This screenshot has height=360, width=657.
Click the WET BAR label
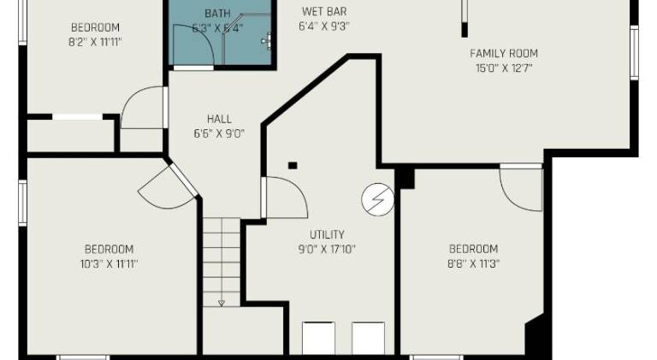(x=324, y=11)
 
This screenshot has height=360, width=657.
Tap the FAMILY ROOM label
(x=504, y=54)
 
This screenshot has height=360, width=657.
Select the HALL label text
(x=219, y=119)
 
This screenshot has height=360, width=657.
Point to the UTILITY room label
(x=328, y=234)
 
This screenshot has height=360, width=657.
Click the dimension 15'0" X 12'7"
(x=504, y=68)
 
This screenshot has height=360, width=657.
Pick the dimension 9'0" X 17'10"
(x=327, y=250)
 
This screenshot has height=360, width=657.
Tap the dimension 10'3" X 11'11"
(x=109, y=264)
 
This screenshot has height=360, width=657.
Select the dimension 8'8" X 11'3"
(x=473, y=263)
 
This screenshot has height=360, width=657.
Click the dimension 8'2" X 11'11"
(x=95, y=42)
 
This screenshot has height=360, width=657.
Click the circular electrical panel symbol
(x=378, y=200)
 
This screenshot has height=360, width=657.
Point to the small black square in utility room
(x=293, y=165)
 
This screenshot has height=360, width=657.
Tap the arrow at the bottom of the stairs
(x=222, y=303)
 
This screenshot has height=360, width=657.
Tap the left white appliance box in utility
(x=318, y=339)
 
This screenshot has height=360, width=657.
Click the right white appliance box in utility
(x=369, y=339)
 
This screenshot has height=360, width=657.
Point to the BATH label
(x=217, y=14)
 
